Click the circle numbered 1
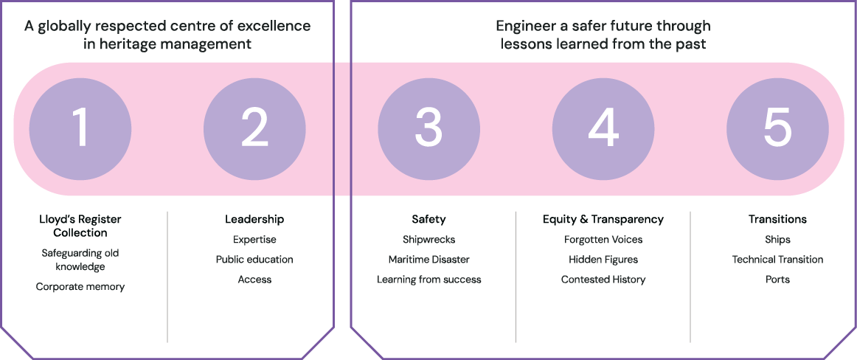80,129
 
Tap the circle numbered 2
254,129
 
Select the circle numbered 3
429,129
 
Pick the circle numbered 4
603,129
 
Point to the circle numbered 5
777,129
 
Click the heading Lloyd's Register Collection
80,226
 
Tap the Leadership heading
254,219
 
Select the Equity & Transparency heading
603,219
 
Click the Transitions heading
777,219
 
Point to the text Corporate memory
80,287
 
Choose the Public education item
254,260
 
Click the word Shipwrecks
429,240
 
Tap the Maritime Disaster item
429,260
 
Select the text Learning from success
429,280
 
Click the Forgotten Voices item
603,240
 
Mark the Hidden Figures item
603,260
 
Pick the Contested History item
603,280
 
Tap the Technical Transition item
777,260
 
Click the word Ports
777,280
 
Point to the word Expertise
254,240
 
